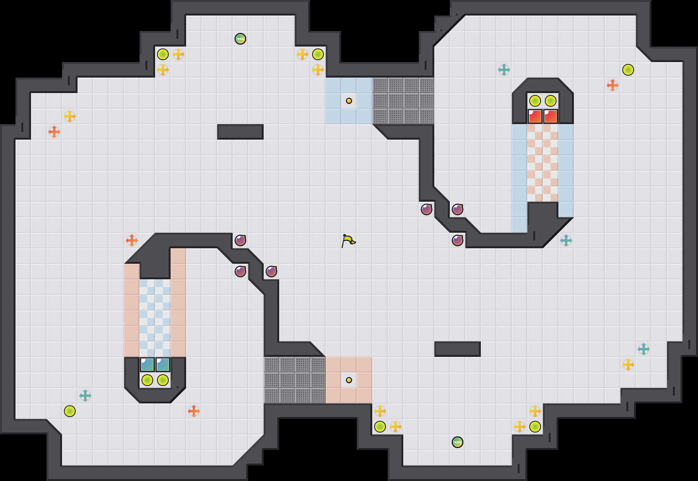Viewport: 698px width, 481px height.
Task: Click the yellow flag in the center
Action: point(348,240)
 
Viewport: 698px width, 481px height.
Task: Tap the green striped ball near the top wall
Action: point(240,39)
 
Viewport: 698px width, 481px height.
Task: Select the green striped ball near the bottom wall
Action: point(458,442)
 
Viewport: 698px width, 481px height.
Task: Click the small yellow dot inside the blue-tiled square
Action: point(349,101)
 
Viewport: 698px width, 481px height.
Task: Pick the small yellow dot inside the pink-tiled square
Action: point(349,380)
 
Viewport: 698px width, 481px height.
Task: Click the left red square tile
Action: point(535,116)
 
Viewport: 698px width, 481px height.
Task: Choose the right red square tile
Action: point(551,116)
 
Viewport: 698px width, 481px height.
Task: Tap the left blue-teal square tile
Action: point(147,365)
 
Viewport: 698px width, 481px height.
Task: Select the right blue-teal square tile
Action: point(163,365)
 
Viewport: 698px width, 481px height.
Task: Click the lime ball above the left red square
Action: point(535,101)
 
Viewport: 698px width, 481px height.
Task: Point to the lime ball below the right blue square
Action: point(163,380)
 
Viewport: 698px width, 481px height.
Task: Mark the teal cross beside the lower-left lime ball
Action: point(85,396)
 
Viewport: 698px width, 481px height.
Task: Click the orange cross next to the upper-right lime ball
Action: point(613,85)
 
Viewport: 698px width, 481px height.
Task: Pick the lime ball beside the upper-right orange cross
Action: point(628,70)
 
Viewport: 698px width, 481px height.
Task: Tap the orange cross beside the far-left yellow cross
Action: point(54,132)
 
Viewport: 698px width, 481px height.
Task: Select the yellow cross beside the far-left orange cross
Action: point(70,116)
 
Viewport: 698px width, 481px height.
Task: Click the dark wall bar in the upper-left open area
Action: point(240,132)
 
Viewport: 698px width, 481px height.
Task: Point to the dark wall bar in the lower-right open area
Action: point(458,349)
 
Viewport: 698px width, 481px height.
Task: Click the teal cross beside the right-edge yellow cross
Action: point(644,349)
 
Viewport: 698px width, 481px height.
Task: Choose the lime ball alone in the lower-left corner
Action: point(70,411)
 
